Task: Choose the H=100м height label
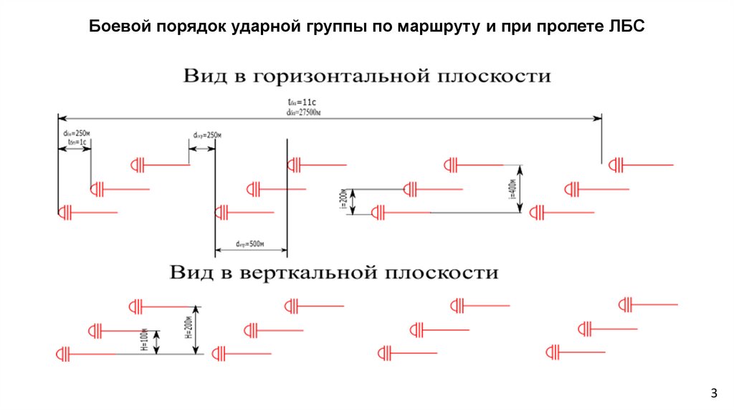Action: click(144, 342)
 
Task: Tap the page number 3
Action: click(713, 392)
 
